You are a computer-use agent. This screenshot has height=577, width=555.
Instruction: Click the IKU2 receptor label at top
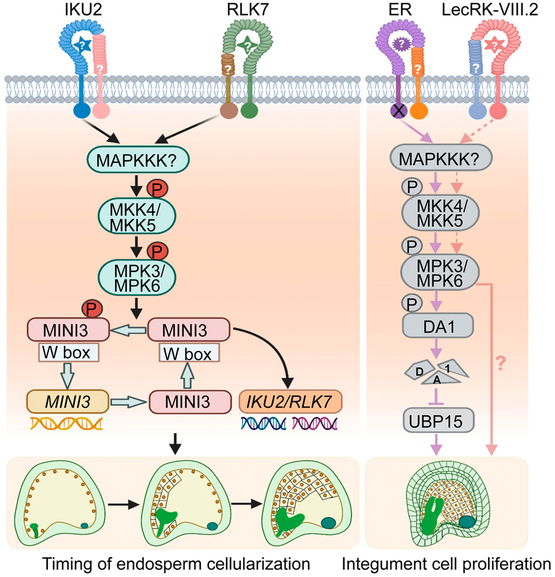(x=83, y=10)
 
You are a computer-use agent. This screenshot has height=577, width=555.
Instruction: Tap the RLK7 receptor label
(x=248, y=10)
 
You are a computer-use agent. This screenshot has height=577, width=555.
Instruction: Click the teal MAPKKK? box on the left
(x=138, y=159)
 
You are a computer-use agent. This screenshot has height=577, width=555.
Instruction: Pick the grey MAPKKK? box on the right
(x=441, y=158)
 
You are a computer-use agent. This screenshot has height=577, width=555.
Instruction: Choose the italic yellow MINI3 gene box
(x=68, y=402)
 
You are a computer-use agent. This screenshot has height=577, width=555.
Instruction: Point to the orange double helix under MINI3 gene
(x=66, y=423)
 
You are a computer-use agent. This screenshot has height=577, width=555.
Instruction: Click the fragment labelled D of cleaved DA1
(x=419, y=371)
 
